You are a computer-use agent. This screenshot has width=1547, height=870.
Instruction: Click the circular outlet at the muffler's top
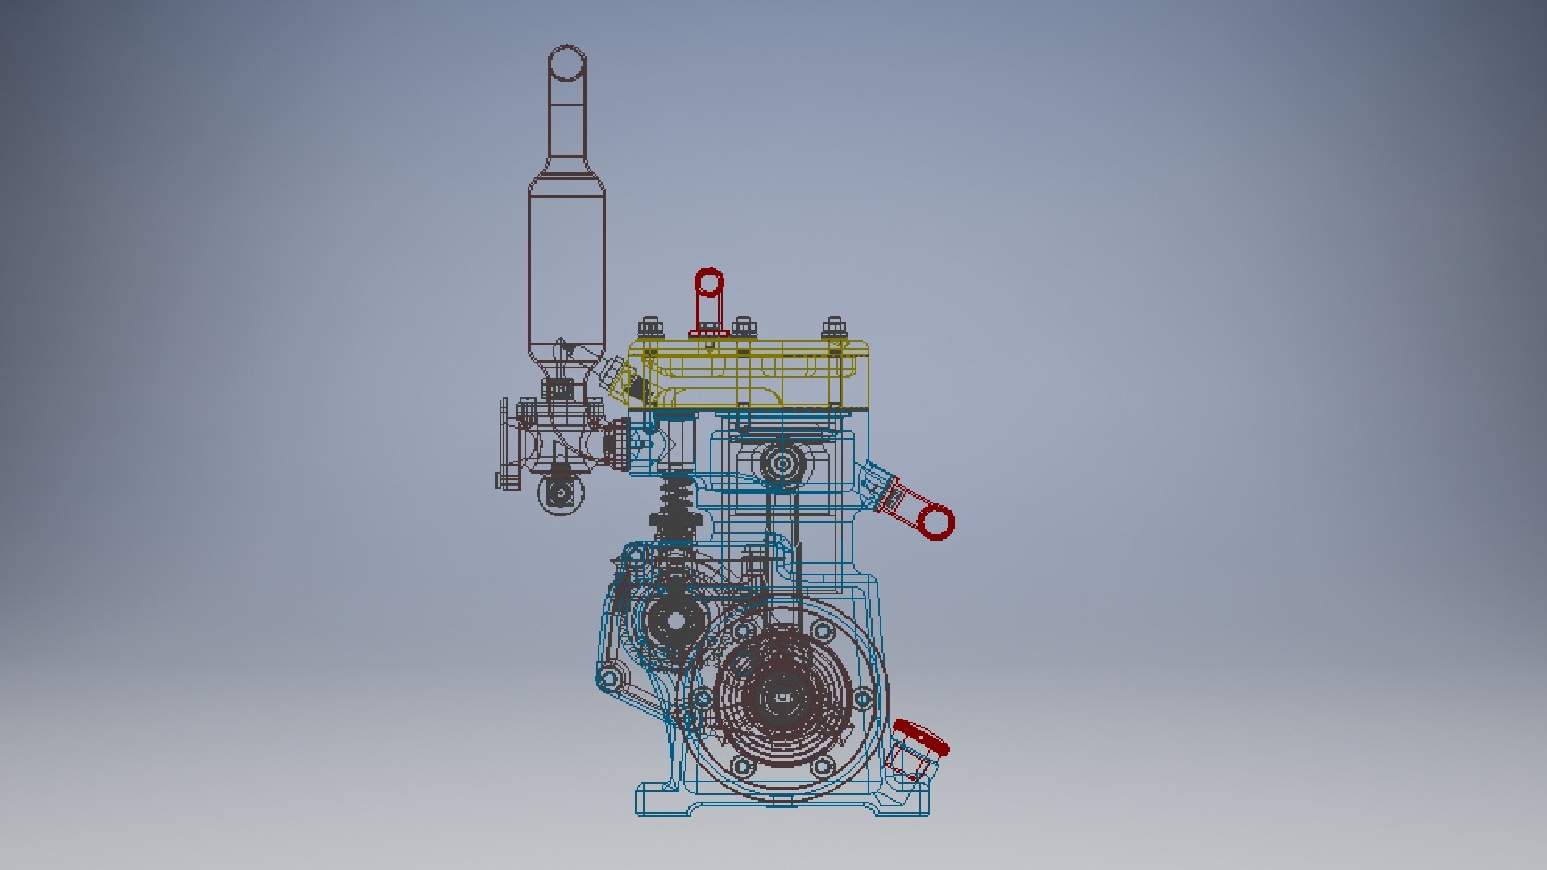coord(566,63)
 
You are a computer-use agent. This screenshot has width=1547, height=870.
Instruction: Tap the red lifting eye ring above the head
coord(709,284)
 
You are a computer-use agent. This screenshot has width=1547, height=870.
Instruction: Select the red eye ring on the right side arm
coord(935,523)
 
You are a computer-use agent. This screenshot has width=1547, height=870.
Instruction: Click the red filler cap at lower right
coord(922,737)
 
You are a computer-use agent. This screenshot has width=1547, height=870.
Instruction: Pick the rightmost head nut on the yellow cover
coord(834,328)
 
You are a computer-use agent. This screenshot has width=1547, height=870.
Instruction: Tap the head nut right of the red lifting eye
coord(743,328)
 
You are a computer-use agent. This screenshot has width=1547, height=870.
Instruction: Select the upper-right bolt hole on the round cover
coord(823,629)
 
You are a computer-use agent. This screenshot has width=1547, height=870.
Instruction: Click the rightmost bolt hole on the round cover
coord(861,698)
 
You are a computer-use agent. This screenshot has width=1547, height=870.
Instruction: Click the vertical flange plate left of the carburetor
coord(504,443)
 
